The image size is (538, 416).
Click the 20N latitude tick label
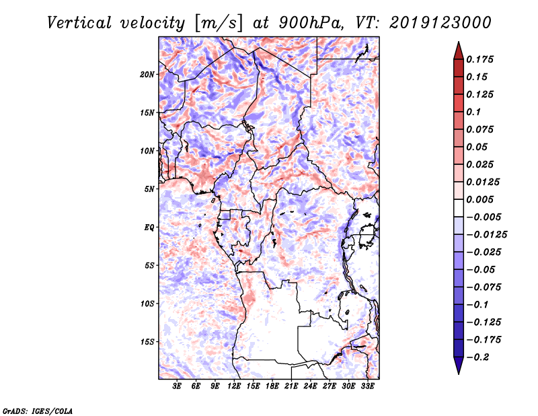pyautogui.click(x=148, y=74)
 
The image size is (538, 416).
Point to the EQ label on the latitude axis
pyautogui.click(x=149, y=227)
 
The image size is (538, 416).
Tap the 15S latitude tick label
pyautogui.click(x=148, y=341)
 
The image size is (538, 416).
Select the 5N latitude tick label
pyautogui.click(x=150, y=188)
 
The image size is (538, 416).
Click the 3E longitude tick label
pyautogui.click(x=178, y=386)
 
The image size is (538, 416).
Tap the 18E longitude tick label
pyautogui.click(x=272, y=386)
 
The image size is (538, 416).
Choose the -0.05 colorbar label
pyautogui.click(x=480, y=269)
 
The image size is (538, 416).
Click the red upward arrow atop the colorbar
pyautogui.click(x=457, y=49)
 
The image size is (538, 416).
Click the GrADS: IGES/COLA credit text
pyautogui.click(x=38, y=410)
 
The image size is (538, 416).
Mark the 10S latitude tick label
pyautogui.click(x=148, y=304)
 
